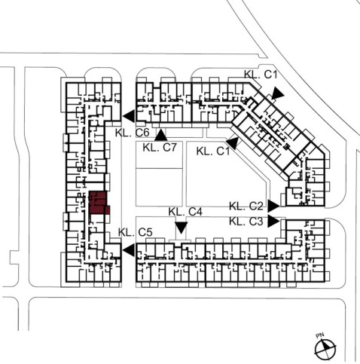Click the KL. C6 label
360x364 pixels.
pos(133,133)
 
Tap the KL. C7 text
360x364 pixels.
pos(160,148)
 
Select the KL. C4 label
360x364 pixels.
pos(185,212)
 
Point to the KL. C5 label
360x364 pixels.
pos(136,232)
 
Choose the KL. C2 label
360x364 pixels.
pos(246,206)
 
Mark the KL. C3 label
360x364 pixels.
pos(246,222)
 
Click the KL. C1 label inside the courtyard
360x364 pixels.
pos(213,151)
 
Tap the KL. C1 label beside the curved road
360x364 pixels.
pos(261,75)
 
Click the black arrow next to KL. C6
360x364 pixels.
pos(129,116)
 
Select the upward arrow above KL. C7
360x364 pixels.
pos(161,135)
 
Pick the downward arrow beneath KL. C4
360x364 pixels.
pos(182,228)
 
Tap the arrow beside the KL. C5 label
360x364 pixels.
pos(129,250)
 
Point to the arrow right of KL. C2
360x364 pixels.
pos(273,206)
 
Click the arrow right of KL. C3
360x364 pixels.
pos(273,222)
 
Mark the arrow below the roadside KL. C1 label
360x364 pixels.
pos(277,93)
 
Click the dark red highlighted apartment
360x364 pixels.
pos(99,203)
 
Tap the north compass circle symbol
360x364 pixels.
pos(325,349)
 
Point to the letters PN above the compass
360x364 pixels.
pos(320,335)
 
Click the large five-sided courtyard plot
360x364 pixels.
pos(226,174)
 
